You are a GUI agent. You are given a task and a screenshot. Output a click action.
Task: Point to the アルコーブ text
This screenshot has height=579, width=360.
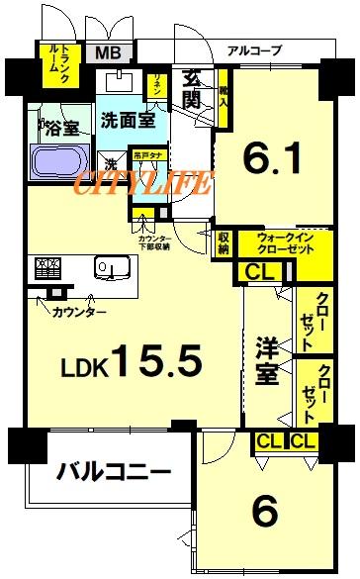(253, 49)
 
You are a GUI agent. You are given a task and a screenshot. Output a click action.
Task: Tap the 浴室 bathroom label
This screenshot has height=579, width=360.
(56, 128)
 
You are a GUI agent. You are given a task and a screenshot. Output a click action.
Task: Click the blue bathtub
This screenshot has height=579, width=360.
(59, 160)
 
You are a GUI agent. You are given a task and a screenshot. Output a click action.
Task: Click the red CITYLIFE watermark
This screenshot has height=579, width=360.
(144, 183)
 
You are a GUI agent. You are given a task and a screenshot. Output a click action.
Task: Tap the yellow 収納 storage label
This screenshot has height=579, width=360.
(225, 241)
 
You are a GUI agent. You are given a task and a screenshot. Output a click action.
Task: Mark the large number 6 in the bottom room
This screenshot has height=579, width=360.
(264, 512)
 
